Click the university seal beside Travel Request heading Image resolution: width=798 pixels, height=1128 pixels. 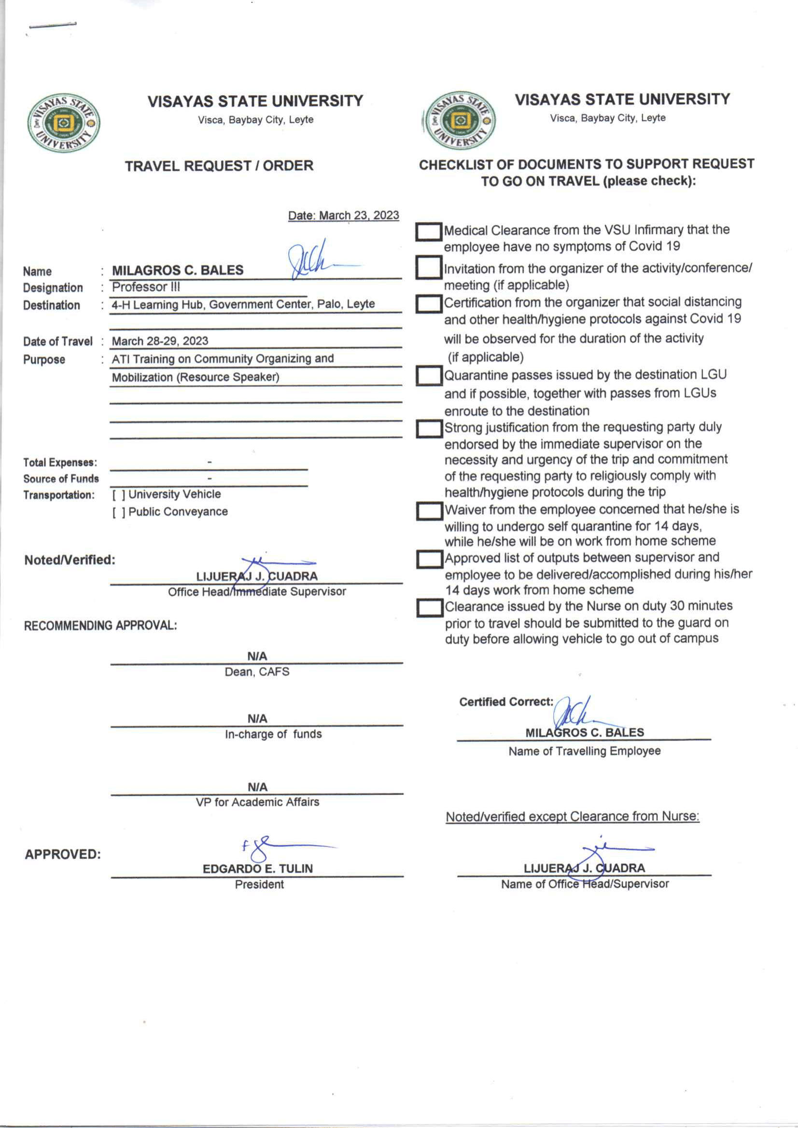(x=64, y=123)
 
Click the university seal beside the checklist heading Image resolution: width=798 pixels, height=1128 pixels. (x=460, y=120)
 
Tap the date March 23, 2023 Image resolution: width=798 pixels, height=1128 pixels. (x=343, y=215)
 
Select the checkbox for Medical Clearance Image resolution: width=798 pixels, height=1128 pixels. (x=429, y=232)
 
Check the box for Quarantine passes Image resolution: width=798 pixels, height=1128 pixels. (x=429, y=376)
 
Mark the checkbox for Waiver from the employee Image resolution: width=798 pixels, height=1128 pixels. (x=429, y=511)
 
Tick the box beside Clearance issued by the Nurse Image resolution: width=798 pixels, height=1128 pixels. (x=429, y=608)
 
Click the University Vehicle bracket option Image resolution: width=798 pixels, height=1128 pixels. (x=118, y=495)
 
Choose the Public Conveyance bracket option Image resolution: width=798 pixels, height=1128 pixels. (x=118, y=513)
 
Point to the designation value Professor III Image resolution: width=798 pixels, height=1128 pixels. (x=146, y=287)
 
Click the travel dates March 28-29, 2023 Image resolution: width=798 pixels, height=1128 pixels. (x=160, y=341)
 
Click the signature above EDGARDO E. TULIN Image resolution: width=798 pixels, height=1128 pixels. (x=266, y=849)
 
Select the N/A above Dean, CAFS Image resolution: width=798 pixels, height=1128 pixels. (x=257, y=656)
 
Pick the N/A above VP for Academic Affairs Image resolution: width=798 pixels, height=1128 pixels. (x=257, y=787)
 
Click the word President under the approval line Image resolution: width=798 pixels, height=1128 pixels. (x=259, y=884)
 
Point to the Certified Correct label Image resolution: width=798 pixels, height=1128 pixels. (x=505, y=702)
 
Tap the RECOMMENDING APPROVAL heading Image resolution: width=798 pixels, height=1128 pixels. (x=100, y=626)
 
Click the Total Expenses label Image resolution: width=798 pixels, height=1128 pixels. (x=60, y=462)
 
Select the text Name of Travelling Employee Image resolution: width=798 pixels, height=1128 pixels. (x=584, y=751)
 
